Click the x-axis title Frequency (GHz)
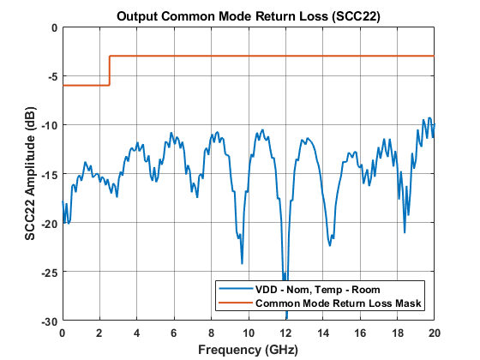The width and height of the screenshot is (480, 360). tap(249, 350)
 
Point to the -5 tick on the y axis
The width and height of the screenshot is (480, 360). tap(51, 76)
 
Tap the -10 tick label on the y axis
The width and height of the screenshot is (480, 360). tap(49, 125)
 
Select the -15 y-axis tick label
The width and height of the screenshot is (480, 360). tap(49, 174)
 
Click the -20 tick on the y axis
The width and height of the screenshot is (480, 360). tap(49, 223)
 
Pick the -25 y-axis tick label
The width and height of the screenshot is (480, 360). tap(49, 272)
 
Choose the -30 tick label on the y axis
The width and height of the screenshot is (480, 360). tap(49, 321)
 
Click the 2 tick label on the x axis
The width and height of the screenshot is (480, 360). tap(99, 332)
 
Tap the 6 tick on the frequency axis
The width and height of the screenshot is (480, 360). tap(174, 332)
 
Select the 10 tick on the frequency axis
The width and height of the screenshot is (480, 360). tap(249, 332)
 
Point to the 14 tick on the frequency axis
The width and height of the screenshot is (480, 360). tap(323, 332)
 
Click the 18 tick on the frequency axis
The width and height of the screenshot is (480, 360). tap(398, 332)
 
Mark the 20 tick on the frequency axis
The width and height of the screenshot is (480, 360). tap(435, 332)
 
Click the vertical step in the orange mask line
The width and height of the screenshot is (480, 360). tap(109, 70)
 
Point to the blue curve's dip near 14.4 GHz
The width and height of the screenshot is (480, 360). tap(329, 243)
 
